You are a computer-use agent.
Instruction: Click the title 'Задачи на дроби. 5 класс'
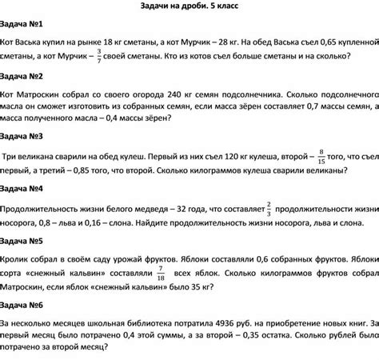click(x=189, y=6)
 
